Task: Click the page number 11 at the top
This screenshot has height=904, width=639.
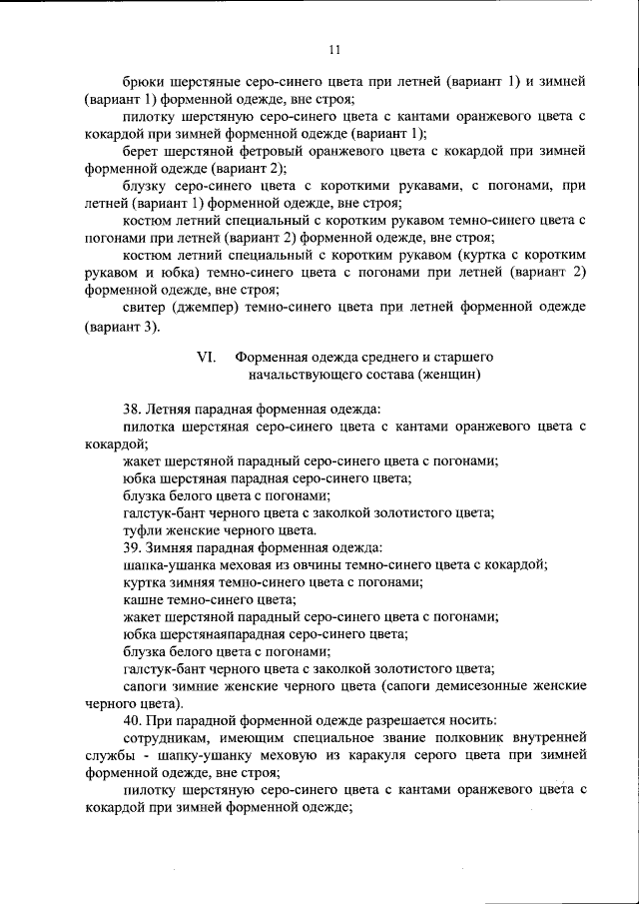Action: coord(334,50)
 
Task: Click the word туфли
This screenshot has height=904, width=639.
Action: coord(142,529)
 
